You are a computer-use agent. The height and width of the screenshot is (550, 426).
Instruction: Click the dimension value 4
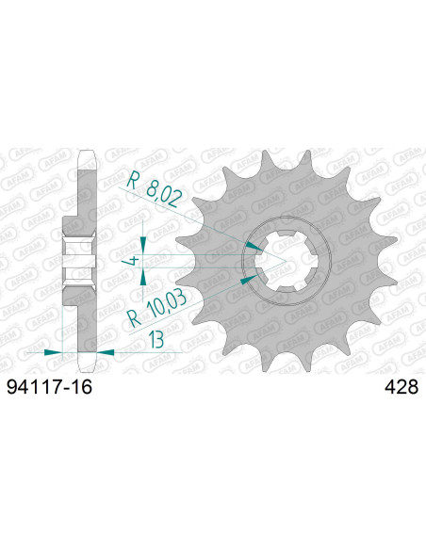[135, 259]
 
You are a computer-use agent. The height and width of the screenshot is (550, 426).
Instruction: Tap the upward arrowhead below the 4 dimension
[143, 276]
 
